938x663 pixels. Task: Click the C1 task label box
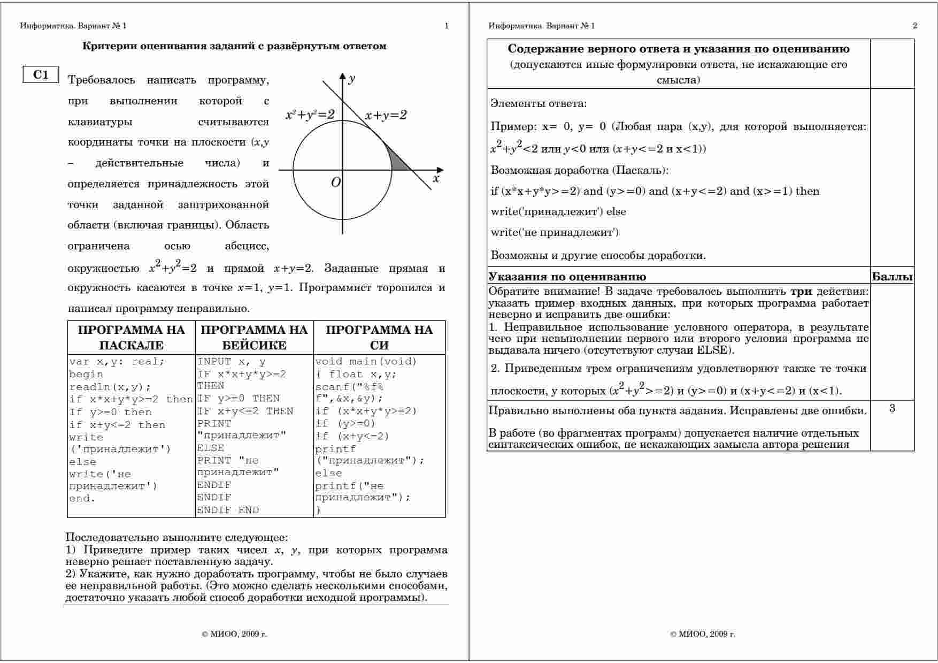tap(41, 75)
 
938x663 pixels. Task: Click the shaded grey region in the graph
tap(398, 162)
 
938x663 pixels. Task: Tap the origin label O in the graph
tap(335, 182)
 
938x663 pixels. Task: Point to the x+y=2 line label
tap(386, 115)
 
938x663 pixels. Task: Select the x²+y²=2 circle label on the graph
tap(310, 115)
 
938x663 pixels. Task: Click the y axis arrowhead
tap(343, 76)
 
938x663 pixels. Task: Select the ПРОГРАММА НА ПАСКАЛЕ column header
tap(132, 337)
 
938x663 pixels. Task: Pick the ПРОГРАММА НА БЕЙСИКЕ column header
tap(254, 337)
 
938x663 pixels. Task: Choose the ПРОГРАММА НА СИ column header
tap(379, 337)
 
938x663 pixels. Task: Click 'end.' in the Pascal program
tap(82, 499)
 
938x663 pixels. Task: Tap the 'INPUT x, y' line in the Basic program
tap(231, 362)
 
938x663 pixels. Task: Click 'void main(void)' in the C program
tap(366, 362)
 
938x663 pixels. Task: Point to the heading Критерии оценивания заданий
tap(234, 46)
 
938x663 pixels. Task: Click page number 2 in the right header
tap(915, 26)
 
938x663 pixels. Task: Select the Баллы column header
tap(892, 277)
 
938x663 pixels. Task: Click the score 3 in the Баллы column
tap(892, 409)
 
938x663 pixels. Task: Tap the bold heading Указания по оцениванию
tap(567, 277)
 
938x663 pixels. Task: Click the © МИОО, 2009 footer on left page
tap(234, 634)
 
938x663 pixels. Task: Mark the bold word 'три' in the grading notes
tap(801, 292)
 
